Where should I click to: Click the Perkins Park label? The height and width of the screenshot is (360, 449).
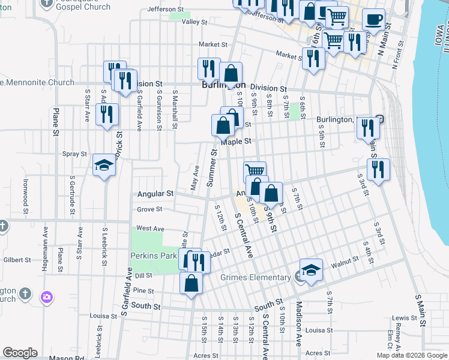tap(153, 256)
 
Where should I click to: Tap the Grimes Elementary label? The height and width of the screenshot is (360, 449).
tap(263, 277)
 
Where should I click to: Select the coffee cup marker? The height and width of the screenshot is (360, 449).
tap(373, 19)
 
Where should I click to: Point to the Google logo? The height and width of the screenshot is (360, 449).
tap(20, 353)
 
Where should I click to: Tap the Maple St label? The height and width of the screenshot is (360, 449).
tap(235, 142)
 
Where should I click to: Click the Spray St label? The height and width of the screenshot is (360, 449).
tap(75, 154)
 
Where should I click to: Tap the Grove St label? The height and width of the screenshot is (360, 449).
tap(149, 209)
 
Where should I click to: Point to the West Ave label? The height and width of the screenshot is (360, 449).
tap(150, 228)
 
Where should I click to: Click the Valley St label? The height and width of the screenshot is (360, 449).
tap(194, 22)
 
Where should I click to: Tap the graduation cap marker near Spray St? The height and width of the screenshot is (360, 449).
tap(104, 166)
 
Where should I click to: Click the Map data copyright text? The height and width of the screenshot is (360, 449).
tap(411, 355)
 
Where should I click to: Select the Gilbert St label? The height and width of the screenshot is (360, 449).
tap(16, 260)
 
